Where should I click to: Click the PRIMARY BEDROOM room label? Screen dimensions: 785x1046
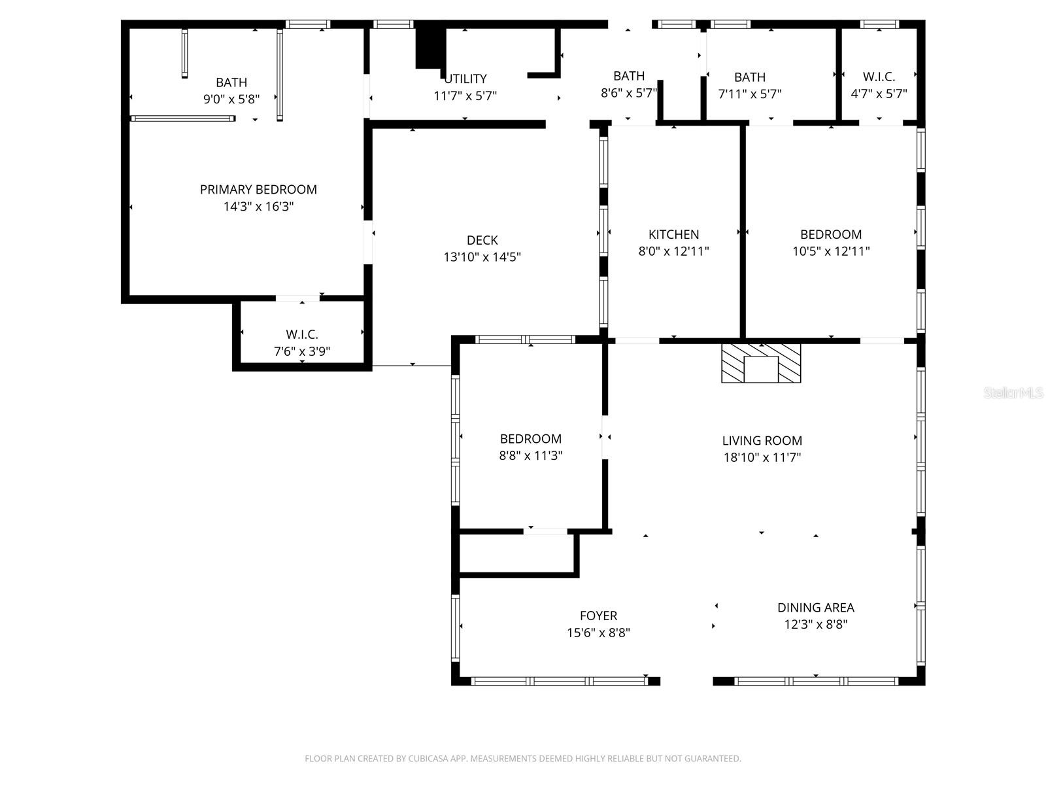pyautogui.click(x=258, y=190)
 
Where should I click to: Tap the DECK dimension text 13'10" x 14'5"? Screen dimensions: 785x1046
pyautogui.click(x=482, y=257)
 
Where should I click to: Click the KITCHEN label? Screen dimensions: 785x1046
pyautogui.click(x=673, y=234)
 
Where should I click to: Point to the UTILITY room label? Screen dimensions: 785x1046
pyautogui.click(x=465, y=79)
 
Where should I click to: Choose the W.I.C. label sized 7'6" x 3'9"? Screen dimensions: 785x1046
pyautogui.click(x=301, y=334)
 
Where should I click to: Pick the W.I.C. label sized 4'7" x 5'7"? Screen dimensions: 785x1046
pyautogui.click(x=879, y=77)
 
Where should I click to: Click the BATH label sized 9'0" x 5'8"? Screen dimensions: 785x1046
pyautogui.click(x=231, y=82)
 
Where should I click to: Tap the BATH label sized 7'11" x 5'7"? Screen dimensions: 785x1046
pyautogui.click(x=749, y=77)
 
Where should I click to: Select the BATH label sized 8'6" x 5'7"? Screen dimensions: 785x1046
pyautogui.click(x=628, y=76)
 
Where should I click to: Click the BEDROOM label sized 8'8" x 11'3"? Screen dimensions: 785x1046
pyautogui.click(x=530, y=439)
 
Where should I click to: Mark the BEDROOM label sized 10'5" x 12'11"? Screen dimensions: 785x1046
pyautogui.click(x=830, y=234)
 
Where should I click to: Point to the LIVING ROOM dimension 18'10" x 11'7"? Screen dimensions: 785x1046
pyautogui.click(x=762, y=457)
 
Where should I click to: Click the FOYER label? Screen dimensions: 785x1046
pyautogui.click(x=598, y=616)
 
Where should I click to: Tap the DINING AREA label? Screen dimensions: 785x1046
pyautogui.click(x=815, y=607)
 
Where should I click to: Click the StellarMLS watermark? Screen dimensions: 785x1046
pyautogui.click(x=1013, y=393)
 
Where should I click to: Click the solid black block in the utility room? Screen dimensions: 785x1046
pyautogui.click(x=430, y=44)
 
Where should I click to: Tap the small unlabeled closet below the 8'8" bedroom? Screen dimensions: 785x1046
pyautogui.click(x=516, y=555)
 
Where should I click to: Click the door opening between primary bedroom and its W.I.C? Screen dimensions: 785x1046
pyautogui.click(x=297, y=298)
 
